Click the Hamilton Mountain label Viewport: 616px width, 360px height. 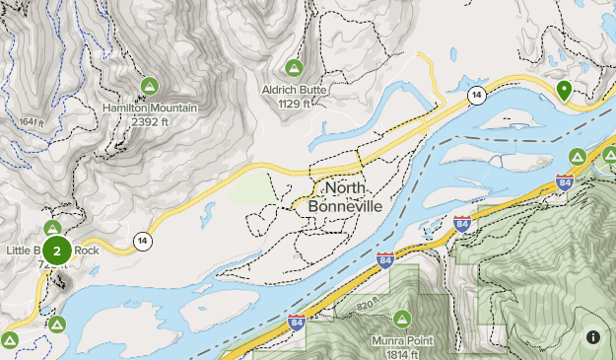pos(150,108)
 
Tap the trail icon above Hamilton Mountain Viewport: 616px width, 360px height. pos(150,87)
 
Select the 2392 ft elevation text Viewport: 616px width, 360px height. pos(150,121)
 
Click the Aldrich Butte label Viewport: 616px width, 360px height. pos(293,89)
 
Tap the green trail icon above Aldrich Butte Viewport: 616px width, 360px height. pos(293,68)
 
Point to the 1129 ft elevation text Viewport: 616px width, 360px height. pos(293,103)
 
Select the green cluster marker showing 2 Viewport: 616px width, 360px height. pos(57,252)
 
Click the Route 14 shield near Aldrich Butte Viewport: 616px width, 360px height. pos(476,95)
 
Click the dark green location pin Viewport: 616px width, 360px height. pos(564,91)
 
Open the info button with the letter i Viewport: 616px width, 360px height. pos(592,336)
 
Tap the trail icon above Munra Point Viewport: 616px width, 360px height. pos(402,319)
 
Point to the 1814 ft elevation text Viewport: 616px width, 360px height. pos(402,353)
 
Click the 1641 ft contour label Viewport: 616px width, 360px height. pos(33,122)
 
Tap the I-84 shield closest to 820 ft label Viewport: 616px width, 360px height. pos(297,322)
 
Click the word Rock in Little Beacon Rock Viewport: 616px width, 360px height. pos(87,251)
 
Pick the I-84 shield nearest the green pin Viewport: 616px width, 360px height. pos(564,181)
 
